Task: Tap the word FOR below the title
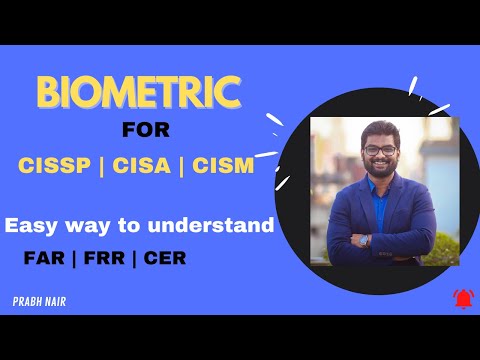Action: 147,130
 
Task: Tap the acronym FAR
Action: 46,257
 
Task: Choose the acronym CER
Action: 160,257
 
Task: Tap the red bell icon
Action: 461,298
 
